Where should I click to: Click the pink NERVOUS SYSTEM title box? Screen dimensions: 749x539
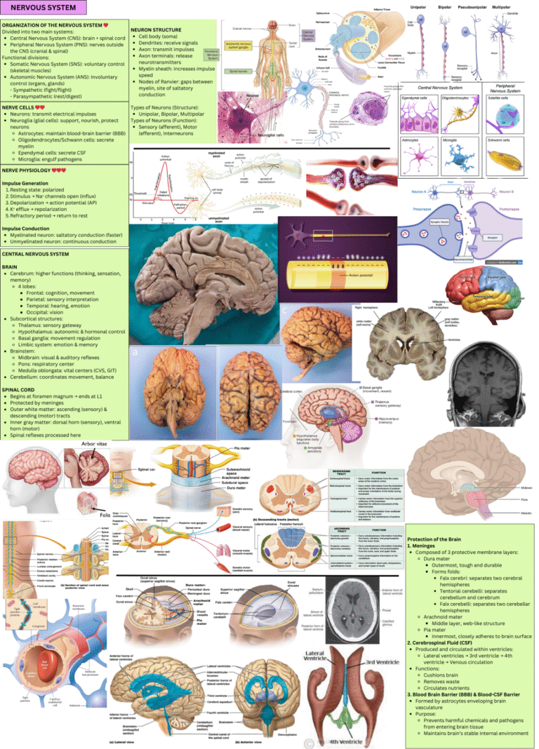coord(44,8)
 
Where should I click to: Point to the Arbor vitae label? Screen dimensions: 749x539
coord(94,444)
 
